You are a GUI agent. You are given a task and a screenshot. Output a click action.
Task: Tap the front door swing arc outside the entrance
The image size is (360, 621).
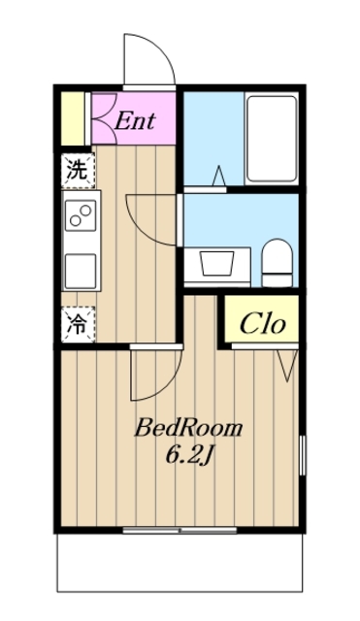pos(147,61)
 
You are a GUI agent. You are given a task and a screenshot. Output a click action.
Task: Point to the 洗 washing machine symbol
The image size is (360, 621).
pos(77,169)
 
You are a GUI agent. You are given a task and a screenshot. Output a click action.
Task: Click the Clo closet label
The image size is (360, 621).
pos(263,322)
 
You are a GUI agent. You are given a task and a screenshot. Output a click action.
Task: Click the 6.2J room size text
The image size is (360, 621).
pos(188,453)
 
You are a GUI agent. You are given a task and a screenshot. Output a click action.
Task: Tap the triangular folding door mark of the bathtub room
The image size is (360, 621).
pos(219,176)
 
